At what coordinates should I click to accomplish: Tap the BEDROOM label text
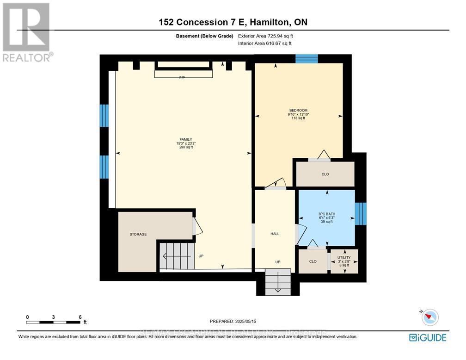pos(298,110)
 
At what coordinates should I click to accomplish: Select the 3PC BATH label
pos(326,214)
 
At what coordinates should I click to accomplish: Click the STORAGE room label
pos(138,235)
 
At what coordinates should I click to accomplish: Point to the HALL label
pos(275,234)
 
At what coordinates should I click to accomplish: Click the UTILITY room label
pos(344,257)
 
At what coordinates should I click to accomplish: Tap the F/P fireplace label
pos(182,78)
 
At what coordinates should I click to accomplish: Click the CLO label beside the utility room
pos(313,261)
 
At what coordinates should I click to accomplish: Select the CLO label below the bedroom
pos(325,175)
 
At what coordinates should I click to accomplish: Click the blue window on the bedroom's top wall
pos(307,59)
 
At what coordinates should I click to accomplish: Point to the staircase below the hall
pos(278,283)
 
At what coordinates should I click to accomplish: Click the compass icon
pos(430,317)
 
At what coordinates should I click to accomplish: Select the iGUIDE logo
pos(428,337)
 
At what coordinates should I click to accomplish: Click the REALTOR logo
pos(27,32)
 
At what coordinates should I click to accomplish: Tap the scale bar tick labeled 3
pos(54,317)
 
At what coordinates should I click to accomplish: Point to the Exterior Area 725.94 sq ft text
pos(265,36)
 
